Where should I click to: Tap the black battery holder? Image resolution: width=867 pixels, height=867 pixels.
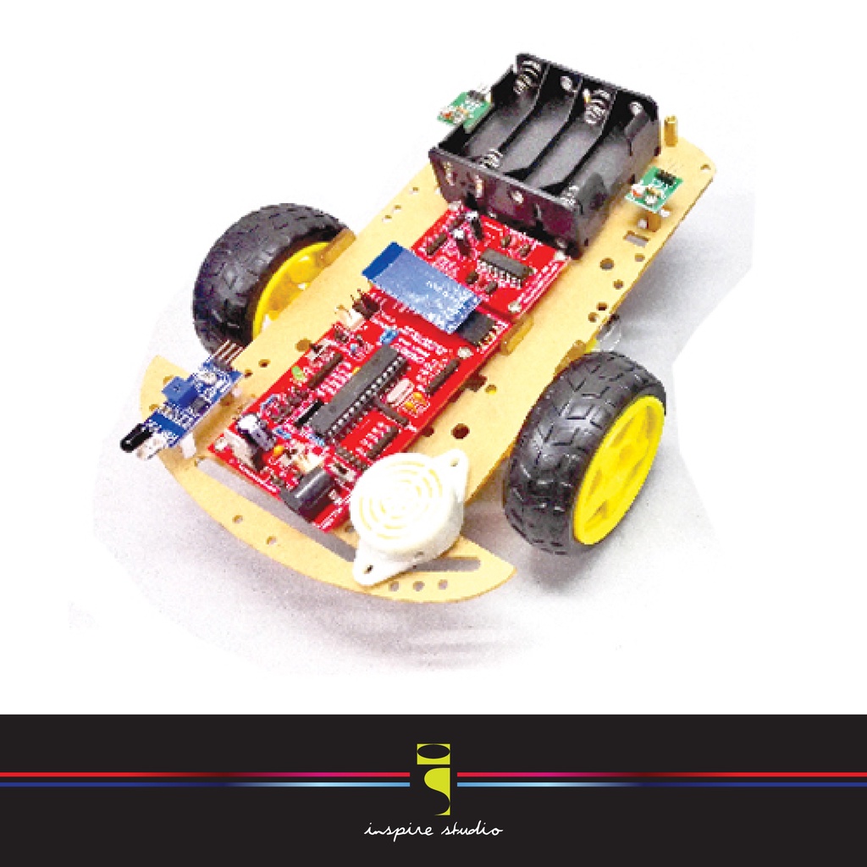pos(546,148)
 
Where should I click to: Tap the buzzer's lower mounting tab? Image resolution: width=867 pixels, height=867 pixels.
pos(373,572)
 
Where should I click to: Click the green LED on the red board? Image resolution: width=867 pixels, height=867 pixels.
pos(297,373)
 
